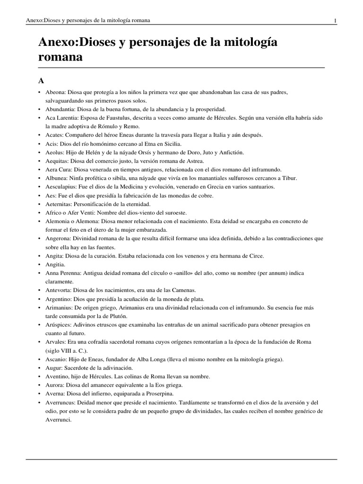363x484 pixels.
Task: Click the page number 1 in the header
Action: click(x=335, y=21)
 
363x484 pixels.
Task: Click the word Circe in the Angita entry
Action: click(x=255, y=256)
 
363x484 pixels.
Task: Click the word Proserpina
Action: click(x=158, y=393)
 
